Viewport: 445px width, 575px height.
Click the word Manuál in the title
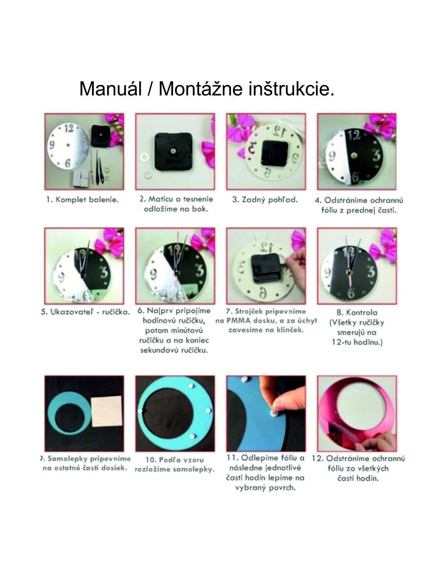tap(111, 89)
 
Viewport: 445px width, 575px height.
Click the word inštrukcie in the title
tap(291, 89)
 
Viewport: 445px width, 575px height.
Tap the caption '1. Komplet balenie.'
tap(83, 200)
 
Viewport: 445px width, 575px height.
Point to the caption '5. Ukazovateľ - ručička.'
tap(85, 312)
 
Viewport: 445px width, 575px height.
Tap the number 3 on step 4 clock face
tap(376, 155)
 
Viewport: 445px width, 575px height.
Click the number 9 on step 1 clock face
tap(52, 145)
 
